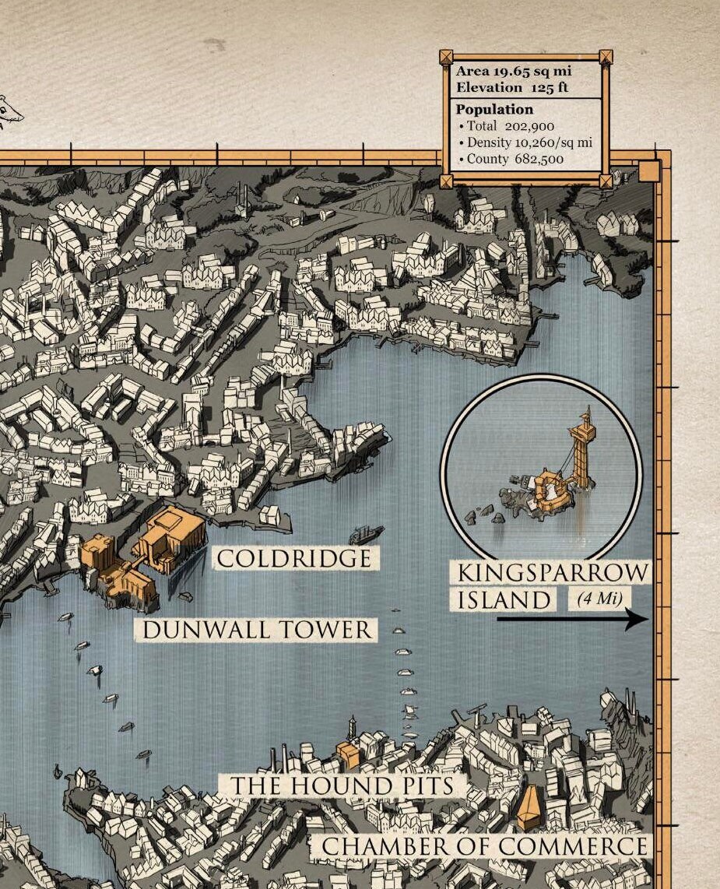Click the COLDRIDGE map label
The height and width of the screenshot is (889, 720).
tap(293, 558)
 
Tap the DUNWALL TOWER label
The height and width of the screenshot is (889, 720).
tap(257, 630)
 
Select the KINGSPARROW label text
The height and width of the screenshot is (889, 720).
tap(551, 573)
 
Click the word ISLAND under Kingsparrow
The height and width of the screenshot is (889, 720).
tap(504, 600)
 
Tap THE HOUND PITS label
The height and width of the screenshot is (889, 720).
tap(341, 785)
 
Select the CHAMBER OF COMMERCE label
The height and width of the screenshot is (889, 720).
tap(484, 846)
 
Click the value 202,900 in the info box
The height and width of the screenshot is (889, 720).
tap(529, 126)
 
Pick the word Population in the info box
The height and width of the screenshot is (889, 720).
tap(494, 110)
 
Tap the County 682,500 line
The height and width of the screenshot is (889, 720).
tap(515, 160)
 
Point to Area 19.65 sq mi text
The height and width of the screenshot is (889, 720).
tap(513, 71)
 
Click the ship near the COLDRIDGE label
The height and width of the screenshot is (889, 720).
tap(366, 534)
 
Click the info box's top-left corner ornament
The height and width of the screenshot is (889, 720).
tap(446, 57)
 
